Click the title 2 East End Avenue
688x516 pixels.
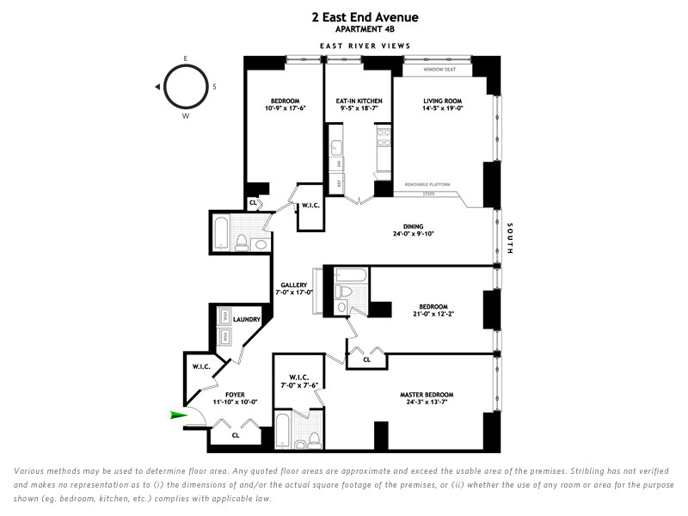click(x=365, y=17)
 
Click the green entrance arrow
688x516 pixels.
click(x=179, y=416)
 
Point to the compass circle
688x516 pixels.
click(x=185, y=87)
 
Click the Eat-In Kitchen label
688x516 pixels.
click(x=359, y=101)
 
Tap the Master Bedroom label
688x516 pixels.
click(x=427, y=395)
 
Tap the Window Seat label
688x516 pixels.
click(x=444, y=70)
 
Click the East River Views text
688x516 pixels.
click(x=365, y=46)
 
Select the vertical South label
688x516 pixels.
click(x=510, y=238)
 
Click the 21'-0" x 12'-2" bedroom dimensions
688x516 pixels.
click(x=433, y=315)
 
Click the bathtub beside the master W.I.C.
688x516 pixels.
click(x=282, y=430)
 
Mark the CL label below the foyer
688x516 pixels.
click(x=235, y=435)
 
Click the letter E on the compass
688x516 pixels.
click(x=185, y=58)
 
